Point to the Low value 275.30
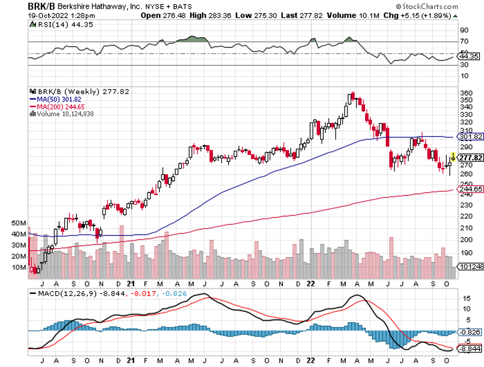(264, 16)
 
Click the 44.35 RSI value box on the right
(468, 56)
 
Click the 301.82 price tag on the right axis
(471, 137)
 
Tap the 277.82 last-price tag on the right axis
(471, 158)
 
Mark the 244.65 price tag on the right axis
(471, 190)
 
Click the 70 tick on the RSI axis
(464, 41)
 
